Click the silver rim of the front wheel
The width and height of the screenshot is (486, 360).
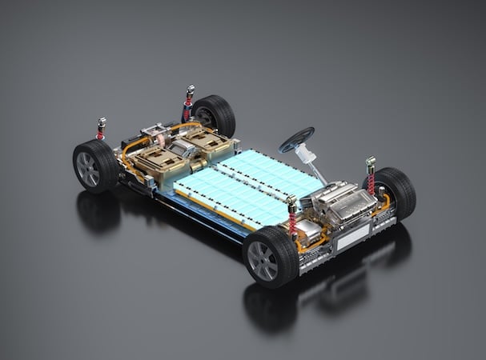click(263, 259)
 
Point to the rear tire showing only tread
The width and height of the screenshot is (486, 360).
click(214, 114)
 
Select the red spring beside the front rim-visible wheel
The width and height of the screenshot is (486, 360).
click(291, 220)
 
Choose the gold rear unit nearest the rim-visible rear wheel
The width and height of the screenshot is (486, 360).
click(157, 165)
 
